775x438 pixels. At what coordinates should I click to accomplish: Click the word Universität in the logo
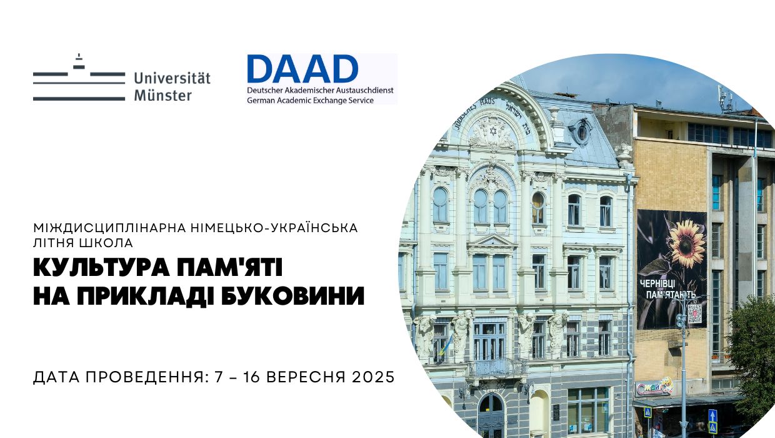172,79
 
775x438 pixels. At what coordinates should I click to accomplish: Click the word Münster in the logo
163,96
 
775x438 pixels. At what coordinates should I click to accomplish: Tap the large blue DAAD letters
302,69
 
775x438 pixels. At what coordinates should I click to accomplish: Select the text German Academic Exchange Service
310,100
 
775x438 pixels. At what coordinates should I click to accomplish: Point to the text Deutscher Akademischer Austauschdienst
320,90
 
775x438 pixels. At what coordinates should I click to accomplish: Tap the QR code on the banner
694,313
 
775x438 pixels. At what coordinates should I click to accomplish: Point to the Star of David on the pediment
492,131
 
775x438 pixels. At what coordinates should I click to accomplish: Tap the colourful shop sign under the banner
654,388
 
